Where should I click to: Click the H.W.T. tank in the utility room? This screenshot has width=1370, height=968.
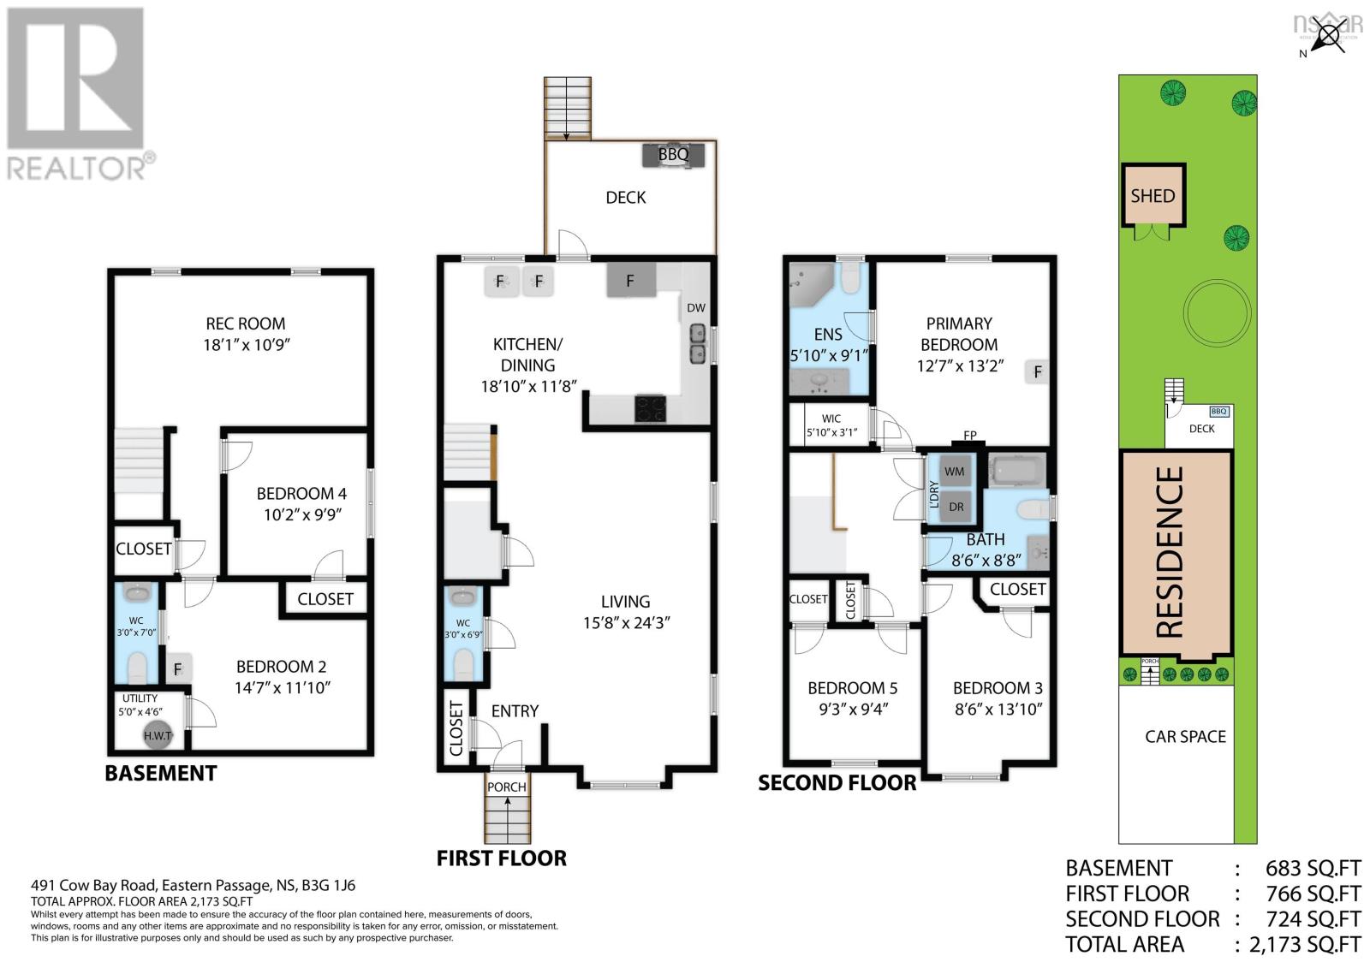click(x=158, y=735)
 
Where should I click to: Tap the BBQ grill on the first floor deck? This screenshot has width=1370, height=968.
click(x=674, y=155)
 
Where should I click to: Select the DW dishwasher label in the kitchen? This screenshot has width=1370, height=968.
click(x=695, y=308)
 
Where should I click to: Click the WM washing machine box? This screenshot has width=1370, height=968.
click(x=954, y=472)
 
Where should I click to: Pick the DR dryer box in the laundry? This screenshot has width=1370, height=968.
click(x=956, y=507)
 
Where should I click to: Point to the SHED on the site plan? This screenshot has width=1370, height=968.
click(x=1153, y=196)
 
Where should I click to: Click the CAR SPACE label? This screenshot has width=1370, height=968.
click(x=1185, y=736)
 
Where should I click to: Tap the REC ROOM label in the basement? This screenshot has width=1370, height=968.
click(x=245, y=324)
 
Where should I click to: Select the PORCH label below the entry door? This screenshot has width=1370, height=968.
click(x=506, y=787)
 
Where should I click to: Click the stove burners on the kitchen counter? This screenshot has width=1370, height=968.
click(x=652, y=409)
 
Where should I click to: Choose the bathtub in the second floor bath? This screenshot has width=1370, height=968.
click(x=1017, y=471)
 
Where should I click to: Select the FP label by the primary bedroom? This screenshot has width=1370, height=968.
click(x=970, y=435)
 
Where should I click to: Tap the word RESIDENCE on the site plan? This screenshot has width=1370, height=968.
click(x=1170, y=552)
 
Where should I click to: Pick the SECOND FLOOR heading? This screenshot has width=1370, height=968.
click(x=837, y=782)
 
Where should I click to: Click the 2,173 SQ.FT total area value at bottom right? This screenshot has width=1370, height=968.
click(x=1305, y=944)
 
